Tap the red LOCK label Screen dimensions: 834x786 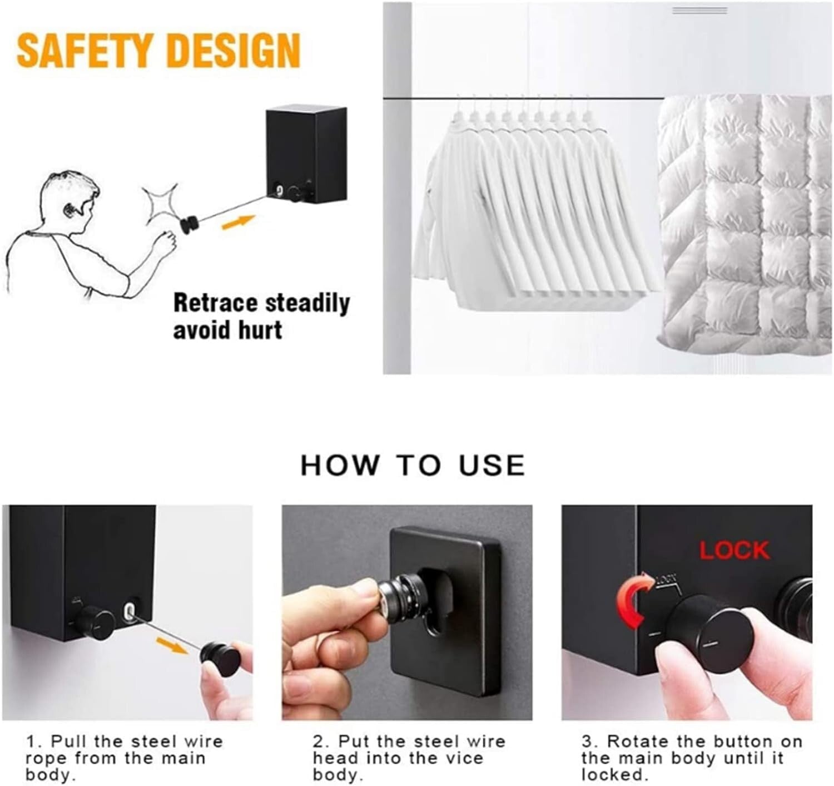(x=733, y=550)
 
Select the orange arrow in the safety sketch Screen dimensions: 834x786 (x=239, y=223)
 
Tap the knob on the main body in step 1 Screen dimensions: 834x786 (x=96, y=622)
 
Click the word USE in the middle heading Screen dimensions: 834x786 (x=492, y=466)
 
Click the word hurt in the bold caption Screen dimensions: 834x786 (x=260, y=330)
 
